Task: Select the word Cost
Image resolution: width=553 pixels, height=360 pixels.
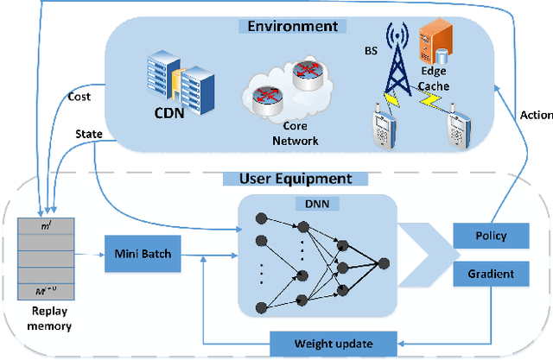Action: click(80, 97)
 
